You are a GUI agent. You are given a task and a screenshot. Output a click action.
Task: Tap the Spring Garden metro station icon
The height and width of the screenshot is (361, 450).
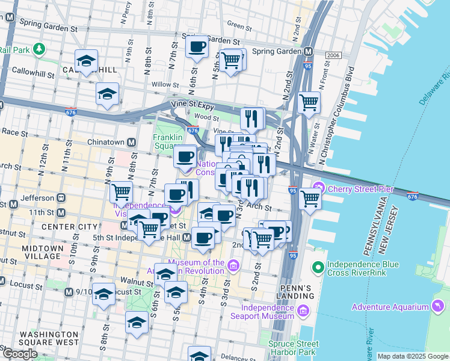pos(308,52)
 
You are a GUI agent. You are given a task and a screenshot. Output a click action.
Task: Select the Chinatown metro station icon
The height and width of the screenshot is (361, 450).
pos(130,143)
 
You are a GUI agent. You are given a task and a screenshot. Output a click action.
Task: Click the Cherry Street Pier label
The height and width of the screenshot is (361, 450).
pos(361,189)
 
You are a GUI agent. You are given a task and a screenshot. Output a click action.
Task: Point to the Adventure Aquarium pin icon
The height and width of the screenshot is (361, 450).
pos(437,307)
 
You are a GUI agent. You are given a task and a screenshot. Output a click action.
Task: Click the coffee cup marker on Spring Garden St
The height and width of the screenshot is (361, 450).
pos(197,48)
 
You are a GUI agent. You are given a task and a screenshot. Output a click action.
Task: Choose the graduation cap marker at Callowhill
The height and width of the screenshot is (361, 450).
pos(87,61)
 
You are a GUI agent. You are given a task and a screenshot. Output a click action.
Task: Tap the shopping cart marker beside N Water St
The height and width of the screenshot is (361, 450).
pos(309,103)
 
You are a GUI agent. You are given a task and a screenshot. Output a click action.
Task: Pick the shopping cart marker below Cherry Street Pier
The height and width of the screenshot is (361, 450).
pos(310,199)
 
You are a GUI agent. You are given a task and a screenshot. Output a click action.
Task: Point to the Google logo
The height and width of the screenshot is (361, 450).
pos(20,353)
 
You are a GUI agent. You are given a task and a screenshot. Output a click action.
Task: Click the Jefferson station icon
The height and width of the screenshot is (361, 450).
pos(60,197)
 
